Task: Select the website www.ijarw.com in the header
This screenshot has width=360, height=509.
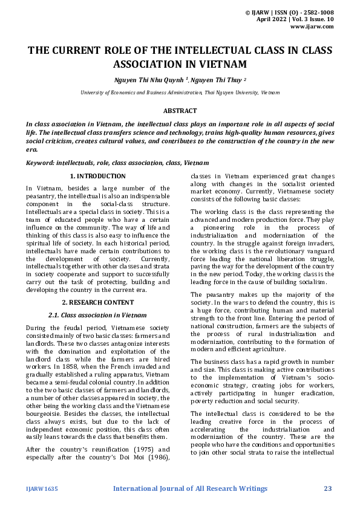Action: [312, 27]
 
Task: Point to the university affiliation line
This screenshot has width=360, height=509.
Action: [180, 92]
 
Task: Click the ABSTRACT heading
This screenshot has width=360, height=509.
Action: [180, 111]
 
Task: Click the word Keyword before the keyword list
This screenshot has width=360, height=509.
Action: [40, 163]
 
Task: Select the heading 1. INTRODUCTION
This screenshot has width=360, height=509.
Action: [97, 176]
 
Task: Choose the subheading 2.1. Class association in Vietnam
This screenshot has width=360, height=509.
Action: [97, 315]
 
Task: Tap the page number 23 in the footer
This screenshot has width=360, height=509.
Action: [329, 488]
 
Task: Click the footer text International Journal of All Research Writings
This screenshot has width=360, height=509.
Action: [190, 488]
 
